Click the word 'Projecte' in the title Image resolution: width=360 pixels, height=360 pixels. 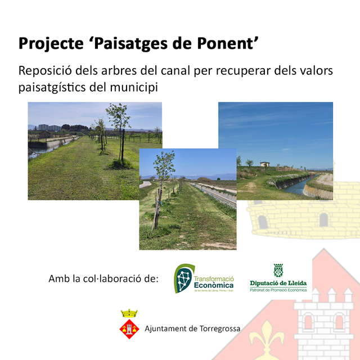click(49, 44)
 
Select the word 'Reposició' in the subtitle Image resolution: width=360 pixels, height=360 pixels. click(43, 72)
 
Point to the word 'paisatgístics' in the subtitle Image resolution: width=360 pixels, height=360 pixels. click(50, 88)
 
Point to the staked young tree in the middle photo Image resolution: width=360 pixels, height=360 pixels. click(163, 186)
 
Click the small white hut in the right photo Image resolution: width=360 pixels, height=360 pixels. click(264, 164)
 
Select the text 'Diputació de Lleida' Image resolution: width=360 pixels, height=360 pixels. click(278, 283)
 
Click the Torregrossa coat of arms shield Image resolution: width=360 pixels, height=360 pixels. click(130, 328)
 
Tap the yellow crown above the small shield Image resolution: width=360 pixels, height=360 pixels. click(130, 313)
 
